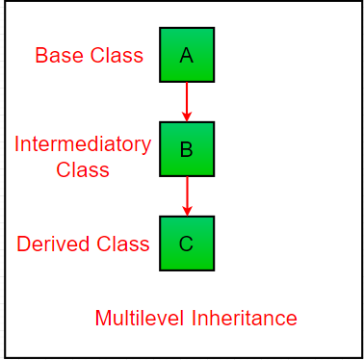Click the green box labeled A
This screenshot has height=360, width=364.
[x=187, y=55]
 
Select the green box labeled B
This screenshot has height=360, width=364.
[x=187, y=149]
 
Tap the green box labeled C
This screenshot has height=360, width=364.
[x=187, y=244]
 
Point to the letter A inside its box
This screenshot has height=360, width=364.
[x=187, y=55]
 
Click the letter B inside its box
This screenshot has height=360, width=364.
[x=187, y=149]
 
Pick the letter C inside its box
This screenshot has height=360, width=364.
[x=186, y=244]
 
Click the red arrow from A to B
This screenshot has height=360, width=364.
[x=187, y=102]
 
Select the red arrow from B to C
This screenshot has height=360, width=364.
[x=187, y=196]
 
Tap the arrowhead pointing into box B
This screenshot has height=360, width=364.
[x=187, y=116]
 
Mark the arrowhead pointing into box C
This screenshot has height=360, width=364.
[x=187, y=211]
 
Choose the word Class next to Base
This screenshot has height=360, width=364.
[x=117, y=55]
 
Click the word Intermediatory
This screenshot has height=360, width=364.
[x=83, y=145]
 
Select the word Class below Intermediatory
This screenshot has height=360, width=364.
[x=83, y=169]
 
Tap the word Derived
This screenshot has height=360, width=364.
[x=53, y=244]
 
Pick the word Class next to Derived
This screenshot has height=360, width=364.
[x=123, y=244]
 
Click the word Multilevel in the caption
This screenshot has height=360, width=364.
[x=140, y=319]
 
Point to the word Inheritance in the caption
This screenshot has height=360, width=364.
[x=245, y=319]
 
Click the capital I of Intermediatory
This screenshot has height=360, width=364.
[x=16, y=144]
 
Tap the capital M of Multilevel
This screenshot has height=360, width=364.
[x=103, y=319]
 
